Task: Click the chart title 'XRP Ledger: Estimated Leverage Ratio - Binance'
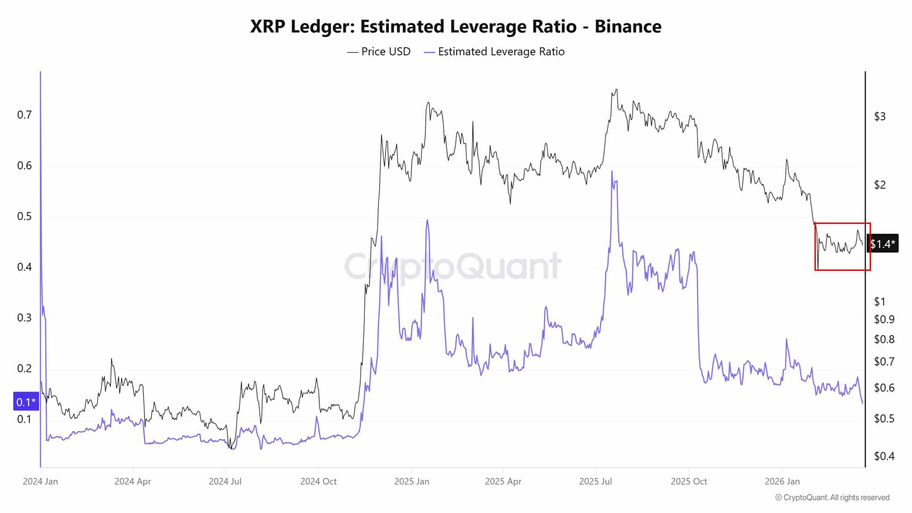pyautogui.click(x=456, y=26)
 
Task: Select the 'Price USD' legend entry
pyautogui.click(x=378, y=52)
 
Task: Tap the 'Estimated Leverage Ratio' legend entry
pyautogui.click(x=494, y=52)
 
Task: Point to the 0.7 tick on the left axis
pyautogui.click(x=25, y=114)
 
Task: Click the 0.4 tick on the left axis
pyautogui.click(x=25, y=267)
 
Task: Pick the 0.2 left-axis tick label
pyautogui.click(x=25, y=368)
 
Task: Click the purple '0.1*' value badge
pyautogui.click(x=26, y=402)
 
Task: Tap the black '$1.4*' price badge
pyautogui.click(x=883, y=244)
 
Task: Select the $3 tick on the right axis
pyautogui.click(x=880, y=116)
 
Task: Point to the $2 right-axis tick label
pyautogui.click(x=880, y=185)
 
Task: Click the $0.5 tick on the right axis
pyautogui.click(x=884, y=418)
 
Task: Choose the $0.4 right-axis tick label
pyautogui.click(x=884, y=456)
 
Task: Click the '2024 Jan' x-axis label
pyautogui.click(x=40, y=482)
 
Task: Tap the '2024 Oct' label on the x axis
pyautogui.click(x=318, y=482)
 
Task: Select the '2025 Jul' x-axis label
pyautogui.click(x=595, y=482)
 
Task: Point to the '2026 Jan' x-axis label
pyautogui.click(x=782, y=482)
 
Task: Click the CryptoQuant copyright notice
pyautogui.click(x=832, y=497)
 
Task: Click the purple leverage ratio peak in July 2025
pyautogui.click(x=611, y=172)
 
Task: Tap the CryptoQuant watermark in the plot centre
pyautogui.click(x=452, y=266)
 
